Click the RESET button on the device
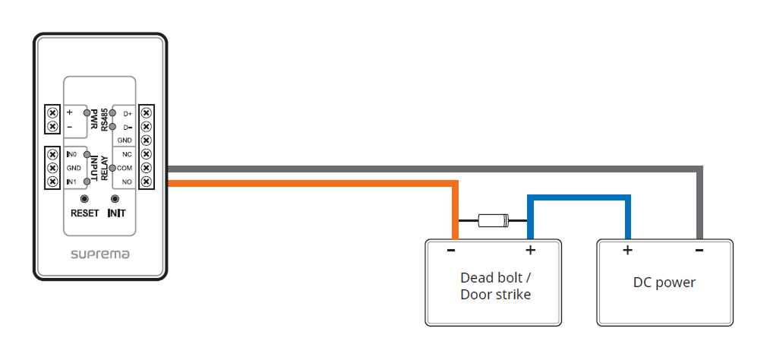coord(84,198)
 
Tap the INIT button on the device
coord(116,198)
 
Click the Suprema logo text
coord(100,254)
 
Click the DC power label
coord(664,283)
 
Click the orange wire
coord(319,183)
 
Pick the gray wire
coord(456,169)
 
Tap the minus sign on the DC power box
coord(699,249)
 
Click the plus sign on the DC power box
coord(627,250)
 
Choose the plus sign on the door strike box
coord(530,250)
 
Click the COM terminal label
coord(126,168)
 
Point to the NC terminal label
coord(127,154)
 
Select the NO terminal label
coord(127,182)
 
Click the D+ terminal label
coord(127,113)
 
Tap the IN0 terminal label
coord(72,154)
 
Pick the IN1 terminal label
coord(72,182)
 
